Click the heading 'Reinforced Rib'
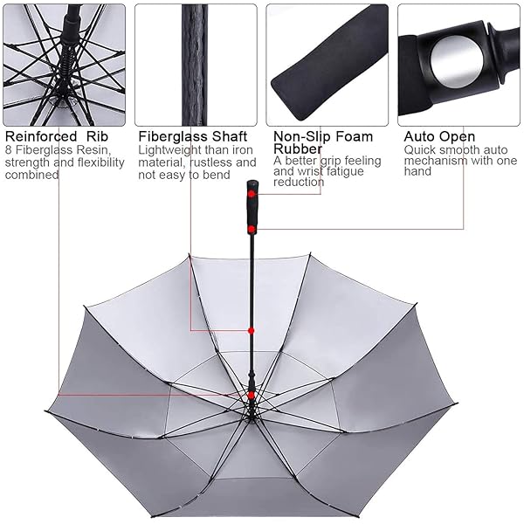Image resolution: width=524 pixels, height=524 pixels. click(57, 137)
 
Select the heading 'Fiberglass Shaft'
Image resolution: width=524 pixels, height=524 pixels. click(193, 137)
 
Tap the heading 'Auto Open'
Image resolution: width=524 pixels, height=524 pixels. click(439, 137)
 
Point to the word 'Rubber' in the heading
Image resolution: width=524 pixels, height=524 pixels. click(298, 148)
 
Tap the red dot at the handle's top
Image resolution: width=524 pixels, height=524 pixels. click(252, 194)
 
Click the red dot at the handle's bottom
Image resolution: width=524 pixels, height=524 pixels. click(252, 229)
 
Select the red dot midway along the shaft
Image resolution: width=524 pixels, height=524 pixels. click(252, 330)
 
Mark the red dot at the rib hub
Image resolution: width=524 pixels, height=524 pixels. click(252, 396)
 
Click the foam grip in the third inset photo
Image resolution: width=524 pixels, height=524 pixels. click(329, 64)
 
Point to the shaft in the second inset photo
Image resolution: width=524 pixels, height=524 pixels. click(195, 65)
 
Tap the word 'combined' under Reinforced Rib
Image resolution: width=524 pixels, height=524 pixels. click(31, 175)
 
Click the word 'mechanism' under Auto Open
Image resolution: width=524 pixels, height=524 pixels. click(431, 161)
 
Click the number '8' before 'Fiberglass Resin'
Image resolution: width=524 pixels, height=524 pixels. click(9, 149)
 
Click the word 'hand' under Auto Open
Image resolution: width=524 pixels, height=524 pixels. click(417, 171)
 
